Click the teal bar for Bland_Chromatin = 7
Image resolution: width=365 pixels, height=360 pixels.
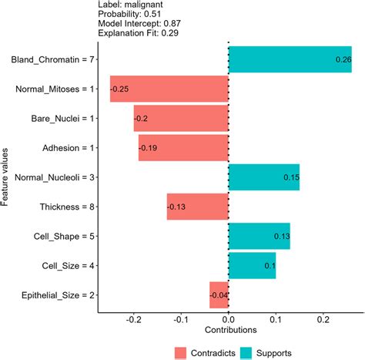(290, 59)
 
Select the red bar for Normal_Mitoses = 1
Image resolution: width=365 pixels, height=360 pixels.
(169, 89)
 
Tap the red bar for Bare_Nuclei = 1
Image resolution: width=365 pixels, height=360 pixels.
(181, 119)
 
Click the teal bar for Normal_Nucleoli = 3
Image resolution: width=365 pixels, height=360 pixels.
(264, 177)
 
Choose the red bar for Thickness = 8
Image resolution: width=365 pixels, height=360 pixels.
(198, 207)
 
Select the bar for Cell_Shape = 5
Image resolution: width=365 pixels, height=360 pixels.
(260, 236)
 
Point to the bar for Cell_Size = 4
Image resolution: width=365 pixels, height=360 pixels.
(253, 265)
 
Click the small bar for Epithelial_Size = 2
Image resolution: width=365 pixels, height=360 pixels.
(219, 294)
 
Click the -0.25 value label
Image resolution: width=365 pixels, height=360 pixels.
(120, 89)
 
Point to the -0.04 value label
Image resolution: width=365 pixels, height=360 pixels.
(220, 294)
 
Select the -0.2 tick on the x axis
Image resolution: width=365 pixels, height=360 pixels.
(134, 318)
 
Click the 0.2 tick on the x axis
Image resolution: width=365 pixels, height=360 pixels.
(323, 318)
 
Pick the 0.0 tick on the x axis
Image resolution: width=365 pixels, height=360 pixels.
(229, 318)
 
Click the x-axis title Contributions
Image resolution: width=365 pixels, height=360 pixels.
(229, 330)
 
